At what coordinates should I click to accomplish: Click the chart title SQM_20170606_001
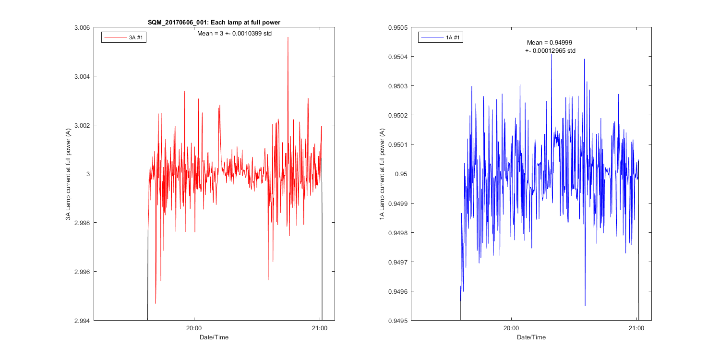click(x=214, y=23)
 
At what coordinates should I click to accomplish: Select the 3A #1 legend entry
click(x=124, y=37)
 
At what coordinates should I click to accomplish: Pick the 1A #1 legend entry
click(x=441, y=37)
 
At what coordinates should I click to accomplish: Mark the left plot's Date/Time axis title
click(x=214, y=337)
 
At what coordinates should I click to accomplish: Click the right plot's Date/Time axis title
click(x=531, y=337)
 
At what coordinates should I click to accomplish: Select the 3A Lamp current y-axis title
click(x=69, y=174)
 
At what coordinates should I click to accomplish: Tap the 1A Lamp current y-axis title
click(x=383, y=174)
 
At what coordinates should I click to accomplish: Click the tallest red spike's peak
click(x=288, y=37)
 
